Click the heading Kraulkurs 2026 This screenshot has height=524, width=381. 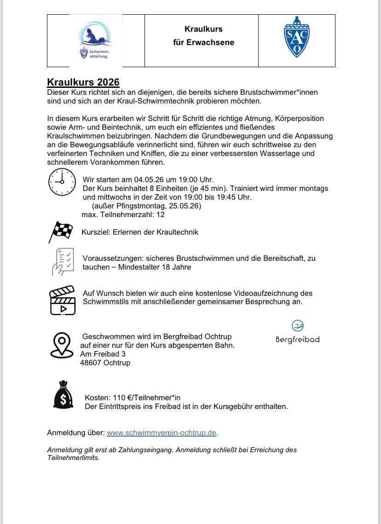(x=83, y=82)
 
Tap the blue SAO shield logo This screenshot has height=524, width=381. (x=296, y=37)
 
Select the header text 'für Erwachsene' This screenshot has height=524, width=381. (x=203, y=42)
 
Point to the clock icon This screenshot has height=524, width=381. (x=62, y=182)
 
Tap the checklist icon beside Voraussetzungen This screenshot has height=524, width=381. (x=63, y=262)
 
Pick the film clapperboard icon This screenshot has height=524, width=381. (x=62, y=300)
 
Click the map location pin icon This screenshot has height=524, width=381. (x=62, y=345)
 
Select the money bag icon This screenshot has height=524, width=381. (x=63, y=395)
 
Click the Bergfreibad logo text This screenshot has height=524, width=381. (x=297, y=340)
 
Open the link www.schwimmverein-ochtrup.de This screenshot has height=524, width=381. (x=162, y=433)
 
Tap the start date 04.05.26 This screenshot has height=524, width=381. (x=150, y=179)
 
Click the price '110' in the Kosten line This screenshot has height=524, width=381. (x=119, y=397)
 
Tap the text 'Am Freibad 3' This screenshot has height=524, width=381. (x=103, y=354)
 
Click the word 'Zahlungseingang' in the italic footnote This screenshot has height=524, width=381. (x=148, y=449)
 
